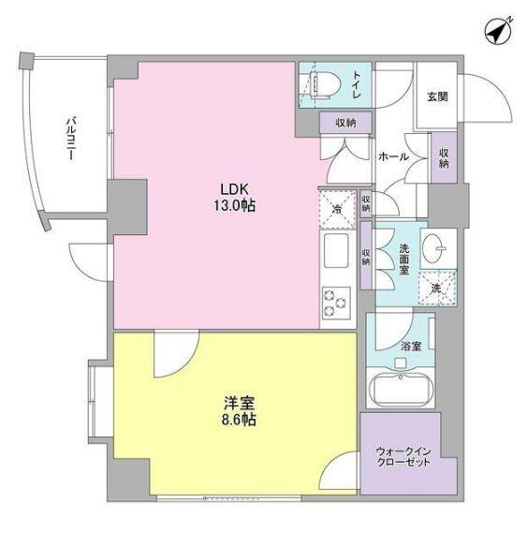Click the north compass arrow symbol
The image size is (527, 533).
click(497, 31)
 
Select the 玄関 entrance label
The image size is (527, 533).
click(437, 96)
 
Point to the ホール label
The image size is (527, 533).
click(393, 156)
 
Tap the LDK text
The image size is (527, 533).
click(234, 187)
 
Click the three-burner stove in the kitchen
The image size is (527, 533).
click(335, 302)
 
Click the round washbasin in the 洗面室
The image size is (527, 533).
click(436, 248)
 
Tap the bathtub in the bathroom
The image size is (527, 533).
click(400, 388)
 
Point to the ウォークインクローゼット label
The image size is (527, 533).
click(403, 455)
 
